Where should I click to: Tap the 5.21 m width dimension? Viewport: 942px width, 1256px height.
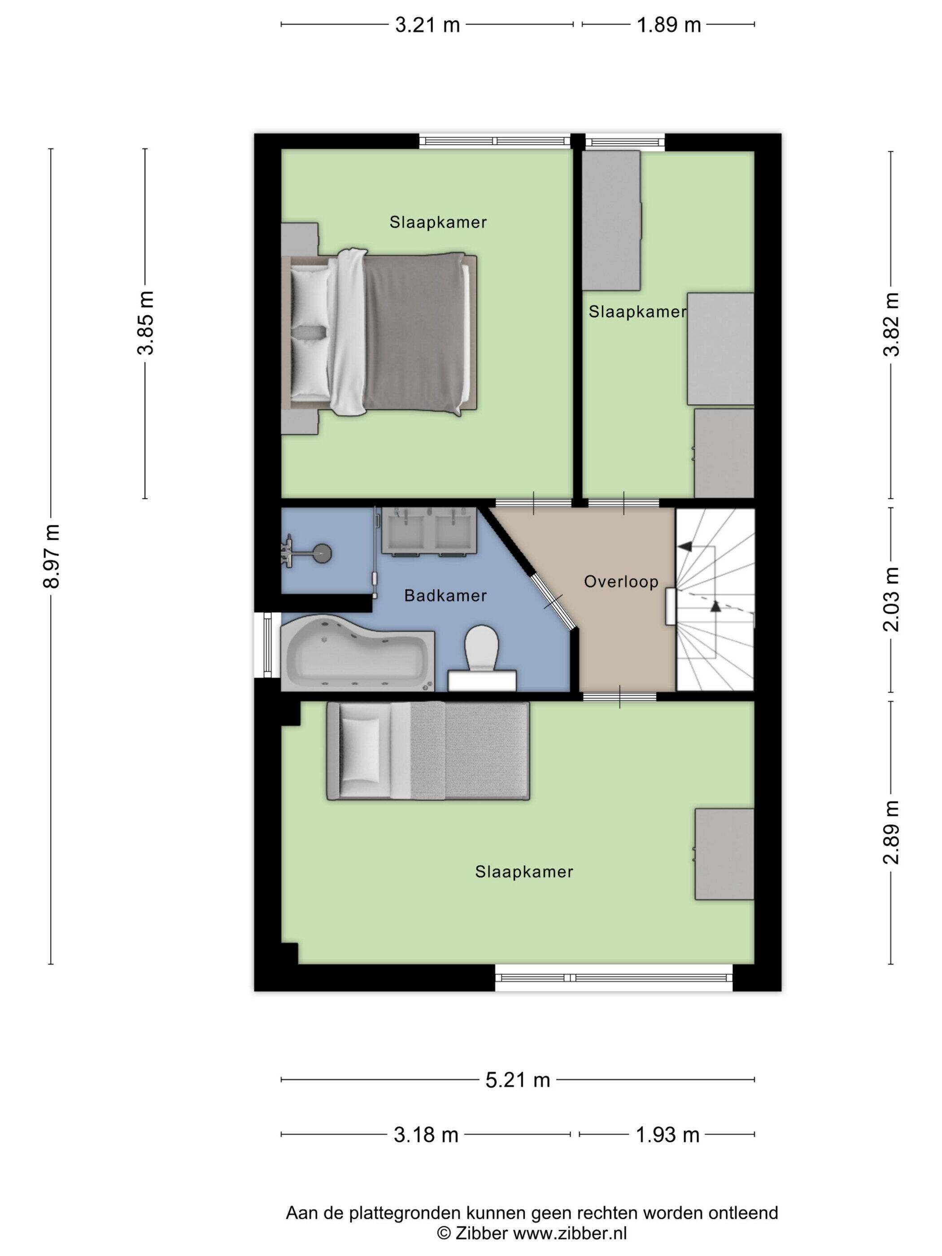(517, 1079)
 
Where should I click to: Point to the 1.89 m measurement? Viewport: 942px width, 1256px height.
(669, 25)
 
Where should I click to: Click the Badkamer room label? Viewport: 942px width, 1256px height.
(445, 596)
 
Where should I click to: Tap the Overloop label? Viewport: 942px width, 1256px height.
(621, 581)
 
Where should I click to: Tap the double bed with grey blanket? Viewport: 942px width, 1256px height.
(380, 332)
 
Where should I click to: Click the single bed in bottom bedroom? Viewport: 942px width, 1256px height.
(428, 750)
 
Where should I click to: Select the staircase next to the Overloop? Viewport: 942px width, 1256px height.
(715, 600)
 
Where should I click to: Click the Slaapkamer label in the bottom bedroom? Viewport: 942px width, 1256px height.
(524, 872)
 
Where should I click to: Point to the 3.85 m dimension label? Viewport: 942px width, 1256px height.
(145, 323)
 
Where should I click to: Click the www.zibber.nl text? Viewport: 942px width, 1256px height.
(570, 1233)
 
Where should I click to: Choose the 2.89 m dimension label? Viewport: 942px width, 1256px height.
(891, 833)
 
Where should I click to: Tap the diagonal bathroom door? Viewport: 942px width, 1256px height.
(554, 602)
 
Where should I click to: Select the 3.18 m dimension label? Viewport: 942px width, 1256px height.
(426, 1134)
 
